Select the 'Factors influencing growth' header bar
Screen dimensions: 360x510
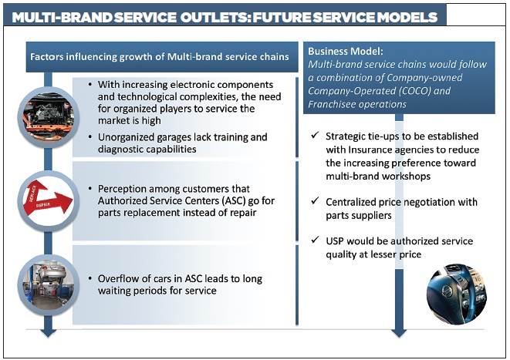[158, 56]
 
